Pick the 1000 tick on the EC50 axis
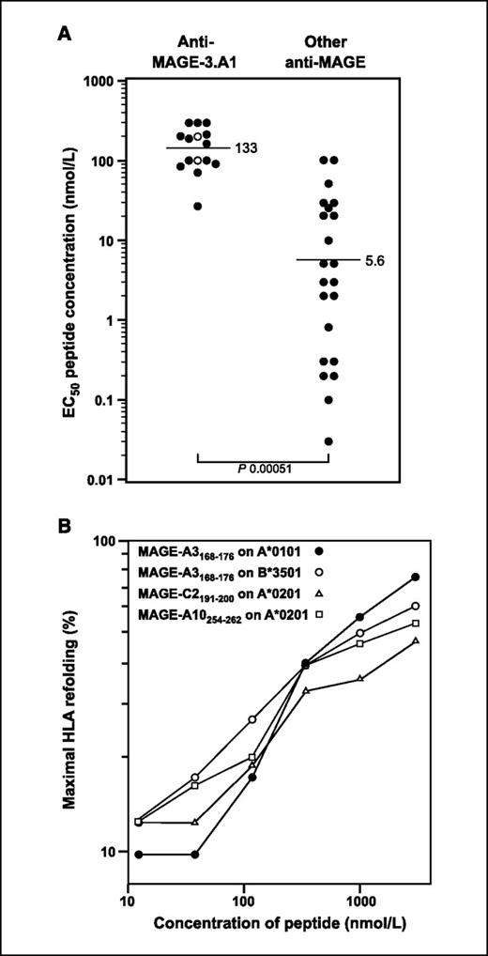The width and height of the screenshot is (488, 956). point(101,82)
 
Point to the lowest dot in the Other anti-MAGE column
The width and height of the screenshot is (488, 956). point(328,441)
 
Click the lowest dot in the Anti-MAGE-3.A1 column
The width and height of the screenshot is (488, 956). point(197,207)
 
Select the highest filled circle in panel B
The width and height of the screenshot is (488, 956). point(415,577)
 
